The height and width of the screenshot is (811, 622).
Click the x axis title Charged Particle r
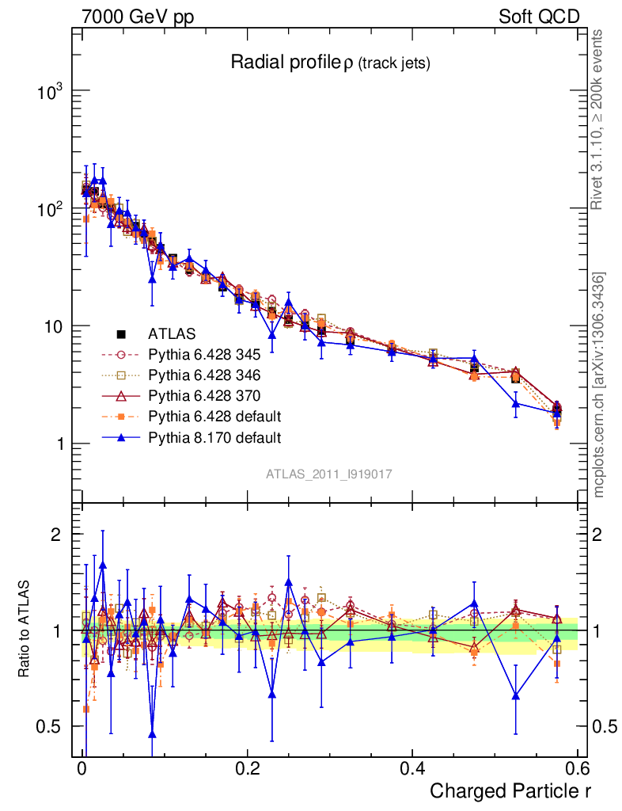pyautogui.click(x=510, y=791)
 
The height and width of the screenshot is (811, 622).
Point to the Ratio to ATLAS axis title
pyautogui.click(x=25, y=630)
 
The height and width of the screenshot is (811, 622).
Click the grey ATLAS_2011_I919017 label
pyautogui.click(x=329, y=474)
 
